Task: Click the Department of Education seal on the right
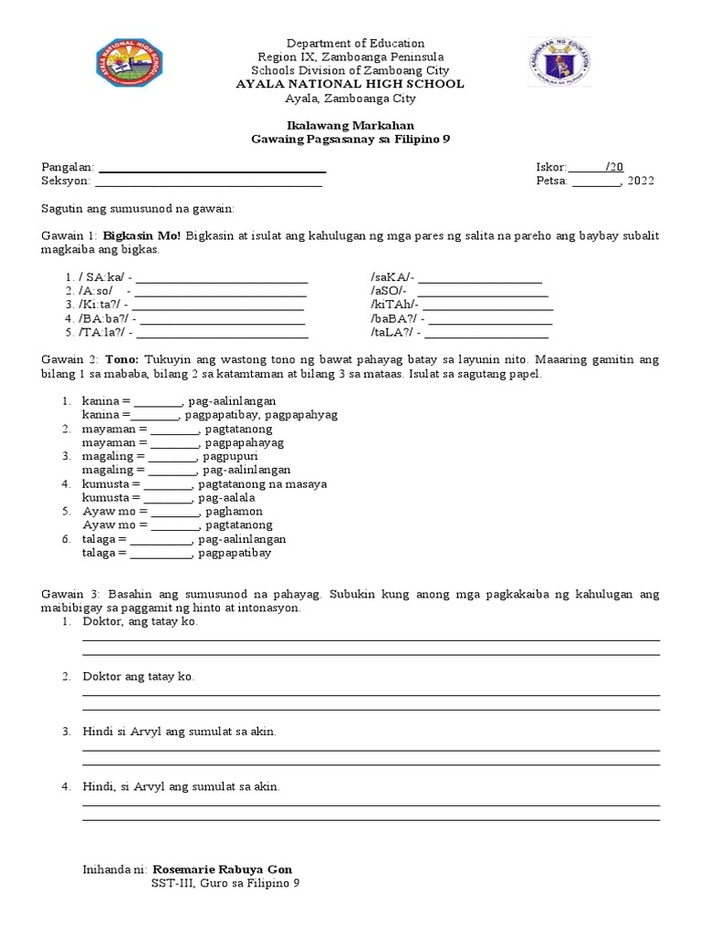click(559, 68)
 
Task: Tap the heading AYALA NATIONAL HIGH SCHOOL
click(350, 84)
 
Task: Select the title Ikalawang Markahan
click(350, 125)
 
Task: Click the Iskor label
click(551, 167)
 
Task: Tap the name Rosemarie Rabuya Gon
click(223, 869)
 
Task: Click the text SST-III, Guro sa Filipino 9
click(225, 884)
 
